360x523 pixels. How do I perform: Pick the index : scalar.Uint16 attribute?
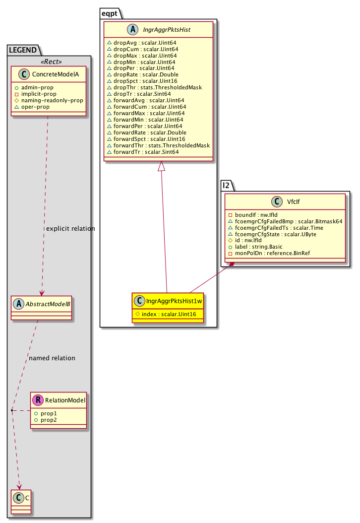(x=166, y=314)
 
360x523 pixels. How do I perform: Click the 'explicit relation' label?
(x=70, y=228)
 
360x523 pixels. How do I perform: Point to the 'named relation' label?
(x=52, y=358)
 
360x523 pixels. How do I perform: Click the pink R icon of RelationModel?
(x=38, y=400)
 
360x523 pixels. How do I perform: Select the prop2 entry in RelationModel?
(x=48, y=420)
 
